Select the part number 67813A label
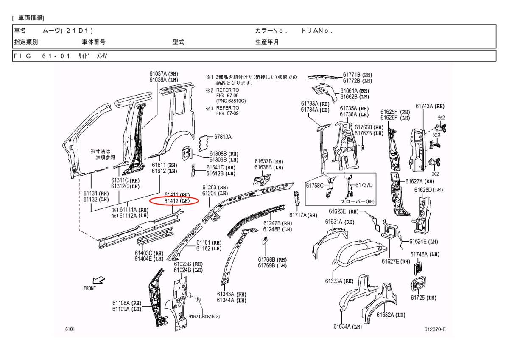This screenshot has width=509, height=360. pyautogui.click(x=223, y=137)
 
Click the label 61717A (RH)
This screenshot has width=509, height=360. pyautogui.click(x=303, y=215)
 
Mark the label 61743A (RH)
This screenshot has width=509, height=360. pyautogui.click(x=430, y=106)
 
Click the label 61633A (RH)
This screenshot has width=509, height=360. pyautogui.click(x=339, y=281)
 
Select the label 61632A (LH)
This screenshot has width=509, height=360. pyautogui.click(x=391, y=315)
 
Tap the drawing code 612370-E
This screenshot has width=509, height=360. pyautogui.click(x=435, y=329)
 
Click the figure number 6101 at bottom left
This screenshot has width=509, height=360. pyautogui.click(x=70, y=329)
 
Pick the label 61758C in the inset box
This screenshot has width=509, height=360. pyautogui.click(x=315, y=185)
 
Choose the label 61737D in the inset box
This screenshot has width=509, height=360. pyautogui.click(x=364, y=185)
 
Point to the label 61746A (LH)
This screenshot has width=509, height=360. pyautogui.click(x=425, y=254)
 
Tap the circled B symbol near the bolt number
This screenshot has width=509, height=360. pyautogui.click(x=198, y=300)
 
